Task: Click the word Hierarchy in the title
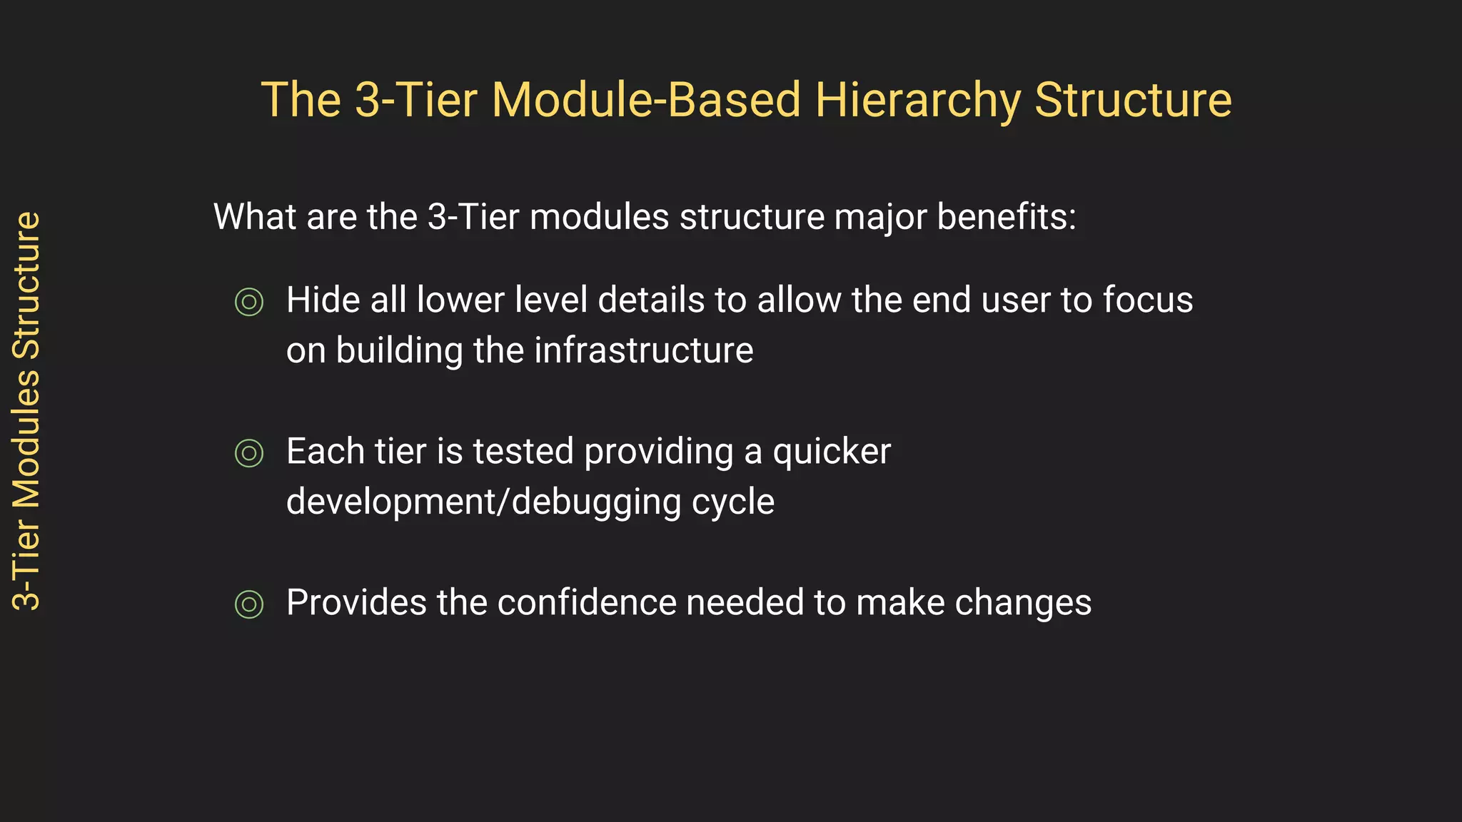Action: pos(918,100)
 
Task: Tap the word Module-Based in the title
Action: pos(645,100)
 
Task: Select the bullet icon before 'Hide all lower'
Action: pos(249,302)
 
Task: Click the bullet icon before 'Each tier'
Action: pos(249,453)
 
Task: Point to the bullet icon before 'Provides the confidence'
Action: pos(249,604)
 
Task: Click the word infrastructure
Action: pos(643,350)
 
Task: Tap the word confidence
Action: pos(586,602)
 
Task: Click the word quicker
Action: pos(832,452)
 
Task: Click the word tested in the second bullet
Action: pos(523,452)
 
